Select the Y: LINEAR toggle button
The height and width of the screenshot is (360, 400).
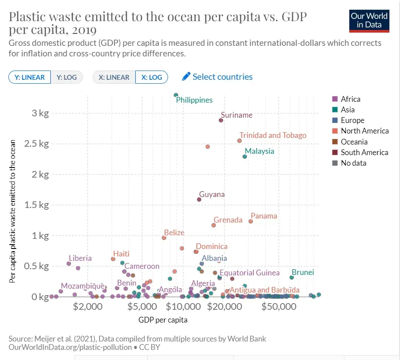pyautogui.click(x=30, y=77)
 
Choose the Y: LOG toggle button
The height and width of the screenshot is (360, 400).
pyautogui.click(x=67, y=77)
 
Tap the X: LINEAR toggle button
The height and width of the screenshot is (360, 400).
pyautogui.click(x=114, y=77)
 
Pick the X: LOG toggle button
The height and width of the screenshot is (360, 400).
pyautogui.click(x=152, y=77)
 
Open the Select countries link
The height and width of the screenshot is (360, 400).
pyautogui.click(x=217, y=77)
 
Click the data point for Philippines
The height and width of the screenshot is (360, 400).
pyautogui.click(x=176, y=95)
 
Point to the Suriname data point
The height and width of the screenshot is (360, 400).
pyautogui.click(x=221, y=120)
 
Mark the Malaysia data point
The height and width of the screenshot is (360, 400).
pyautogui.click(x=245, y=156)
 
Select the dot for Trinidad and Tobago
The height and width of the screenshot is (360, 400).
pyautogui.click(x=239, y=141)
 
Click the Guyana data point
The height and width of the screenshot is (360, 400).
pyautogui.click(x=199, y=200)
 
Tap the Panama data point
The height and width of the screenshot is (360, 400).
pyautogui.click(x=250, y=221)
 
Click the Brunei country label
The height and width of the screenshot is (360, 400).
pyautogui.click(x=303, y=272)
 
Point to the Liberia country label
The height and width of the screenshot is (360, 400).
pyautogui.click(x=80, y=258)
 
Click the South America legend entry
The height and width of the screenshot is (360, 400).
pyautogui.click(x=364, y=152)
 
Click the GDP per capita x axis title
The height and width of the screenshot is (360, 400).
pyautogui.click(x=163, y=320)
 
